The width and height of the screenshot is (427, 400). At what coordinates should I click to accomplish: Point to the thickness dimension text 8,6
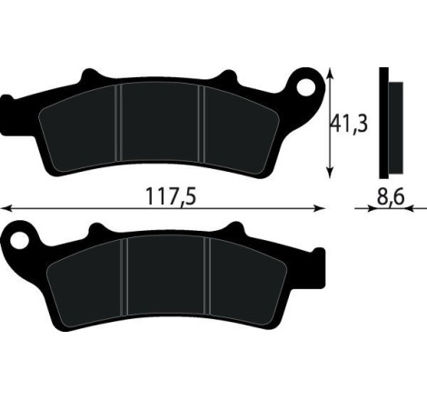[392, 195]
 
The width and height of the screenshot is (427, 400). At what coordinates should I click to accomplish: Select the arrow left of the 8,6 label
[371, 207]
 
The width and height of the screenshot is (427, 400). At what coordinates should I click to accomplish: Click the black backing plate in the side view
[384, 123]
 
